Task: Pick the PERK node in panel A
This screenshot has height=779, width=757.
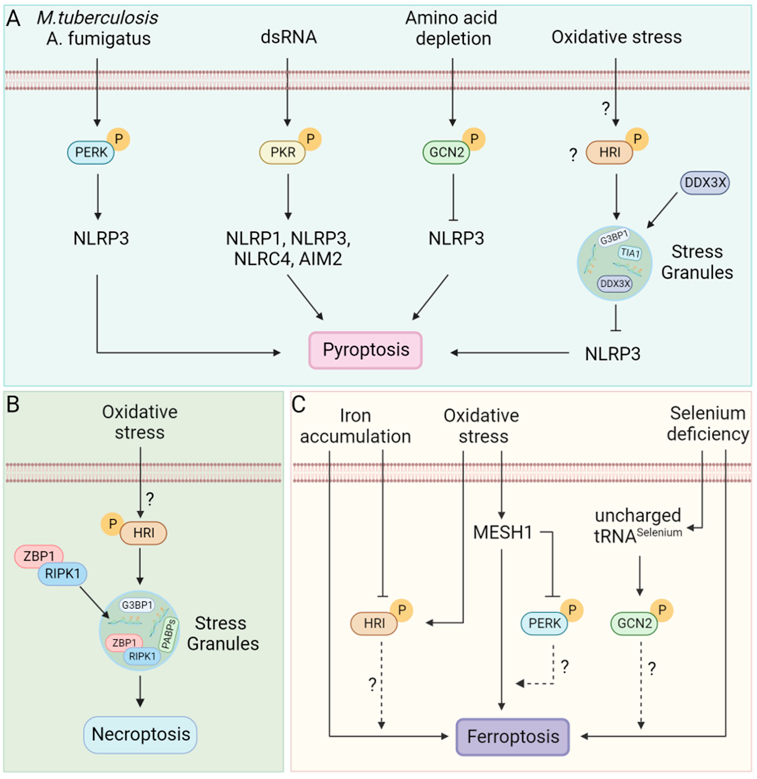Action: (x=91, y=152)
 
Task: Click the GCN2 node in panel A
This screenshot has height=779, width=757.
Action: (x=446, y=152)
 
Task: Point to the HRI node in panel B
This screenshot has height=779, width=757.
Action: (x=143, y=532)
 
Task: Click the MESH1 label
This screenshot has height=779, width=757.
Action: (x=502, y=532)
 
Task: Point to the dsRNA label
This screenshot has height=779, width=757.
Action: (x=289, y=37)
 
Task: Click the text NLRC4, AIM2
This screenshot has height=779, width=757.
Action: (x=288, y=259)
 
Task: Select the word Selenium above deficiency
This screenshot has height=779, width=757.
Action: (x=708, y=413)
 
